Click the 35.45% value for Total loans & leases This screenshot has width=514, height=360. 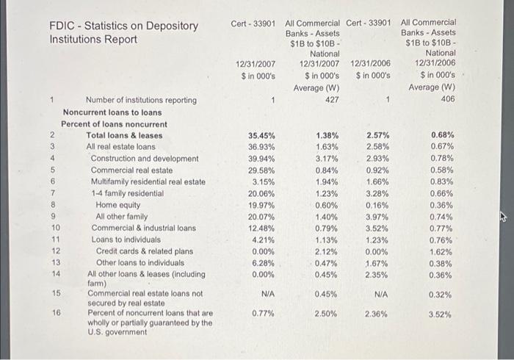point(261,136)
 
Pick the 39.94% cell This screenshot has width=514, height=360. point(261,159)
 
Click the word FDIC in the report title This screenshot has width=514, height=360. point(64,26)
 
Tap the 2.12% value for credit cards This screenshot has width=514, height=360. point(327,251)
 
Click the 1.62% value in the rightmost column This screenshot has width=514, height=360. point(442,251)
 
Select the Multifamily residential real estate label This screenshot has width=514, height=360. point(148,181)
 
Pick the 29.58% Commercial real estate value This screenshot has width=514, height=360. point(261,170)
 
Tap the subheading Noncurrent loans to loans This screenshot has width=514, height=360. point(112,112)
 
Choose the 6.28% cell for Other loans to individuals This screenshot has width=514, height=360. point(263,262)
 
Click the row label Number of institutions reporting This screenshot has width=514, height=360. point(141,100)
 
